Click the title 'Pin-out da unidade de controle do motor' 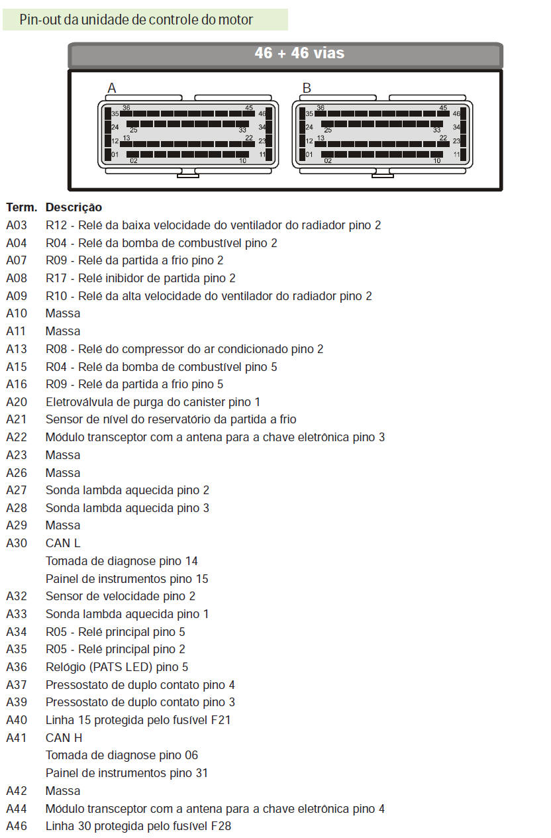[x=136, y=20]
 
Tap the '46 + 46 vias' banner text [x=299, y=53]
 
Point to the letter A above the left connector [x=112, y=88]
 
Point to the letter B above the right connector [x=307, y=88]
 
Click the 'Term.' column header [x=21, y=207]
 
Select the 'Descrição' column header [x=74, y=207]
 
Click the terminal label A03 [x=17, y=225]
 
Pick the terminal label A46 [x=17, y=826]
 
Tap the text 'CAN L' [x=63, y=543]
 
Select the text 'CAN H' [x=64, y=737]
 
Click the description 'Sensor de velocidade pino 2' [x=121, y=596]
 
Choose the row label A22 [x=17, y=437]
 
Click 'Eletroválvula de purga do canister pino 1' [x=153, y=402]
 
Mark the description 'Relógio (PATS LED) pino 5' [x=117, y=667]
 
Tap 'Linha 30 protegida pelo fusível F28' [x=138, y=826]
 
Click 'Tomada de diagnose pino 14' [x=122, y=561]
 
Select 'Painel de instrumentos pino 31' [x=126, y=773]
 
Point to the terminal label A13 [x=17, y=349]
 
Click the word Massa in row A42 [x=63, y=791]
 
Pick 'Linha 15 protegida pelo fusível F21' [x=138, y=720]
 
